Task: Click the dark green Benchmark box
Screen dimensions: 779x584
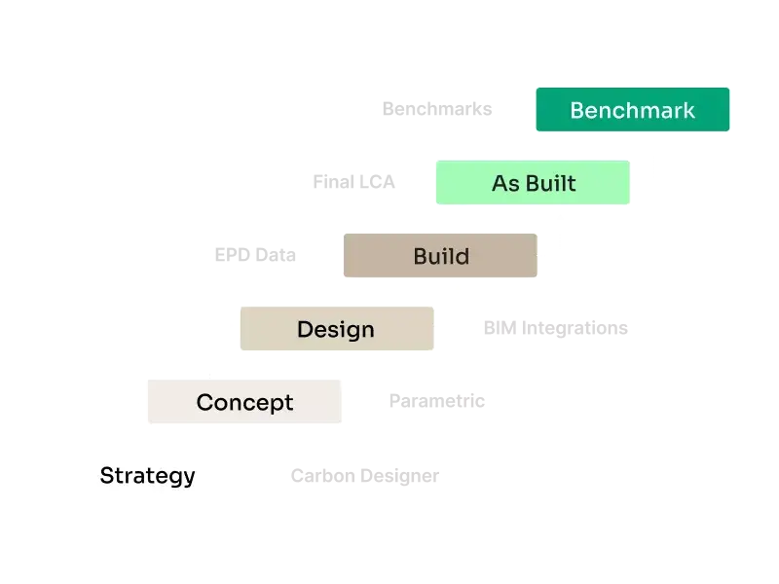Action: coord(632,110)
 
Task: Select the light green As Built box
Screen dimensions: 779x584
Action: coord(533,182)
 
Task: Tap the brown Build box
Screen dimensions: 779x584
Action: coord(440,255)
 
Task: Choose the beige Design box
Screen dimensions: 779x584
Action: coord(337,328)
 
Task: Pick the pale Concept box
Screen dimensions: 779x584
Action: coord(244,401)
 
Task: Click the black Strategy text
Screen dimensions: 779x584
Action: coord(148,476)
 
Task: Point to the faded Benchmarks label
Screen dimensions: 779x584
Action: coord(437,109)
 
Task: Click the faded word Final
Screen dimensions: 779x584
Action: coord(333,182)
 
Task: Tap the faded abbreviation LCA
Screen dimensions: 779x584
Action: coord(377,182)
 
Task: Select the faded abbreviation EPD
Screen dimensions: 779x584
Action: coord(233,255)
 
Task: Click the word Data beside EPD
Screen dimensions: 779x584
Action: coord(276,255)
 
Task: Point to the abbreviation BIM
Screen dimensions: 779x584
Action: coord(500,328)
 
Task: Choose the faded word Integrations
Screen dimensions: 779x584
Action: coord(575,329)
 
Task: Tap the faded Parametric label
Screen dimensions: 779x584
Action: coord(436,401)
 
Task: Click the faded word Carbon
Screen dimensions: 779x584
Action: coord(323,476)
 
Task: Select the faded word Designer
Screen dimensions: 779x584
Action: coord(400,477)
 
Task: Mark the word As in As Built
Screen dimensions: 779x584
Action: coord(505,183)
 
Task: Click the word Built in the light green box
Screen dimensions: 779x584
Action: coord(551,183)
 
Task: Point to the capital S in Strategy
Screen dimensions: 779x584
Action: coord(108,475)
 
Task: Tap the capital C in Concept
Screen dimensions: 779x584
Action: coord(206,402)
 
